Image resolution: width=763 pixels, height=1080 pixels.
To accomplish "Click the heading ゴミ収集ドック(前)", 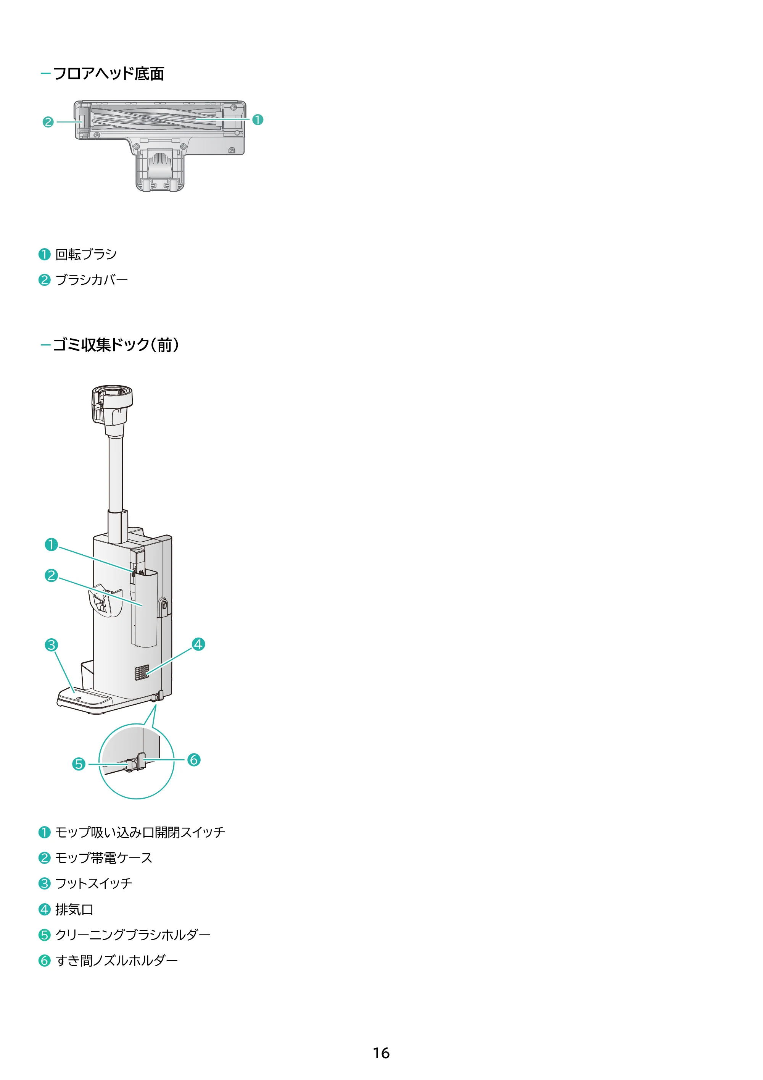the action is (x=116, y=345).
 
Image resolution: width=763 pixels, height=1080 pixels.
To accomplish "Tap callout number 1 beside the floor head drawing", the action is (x=258, y=120).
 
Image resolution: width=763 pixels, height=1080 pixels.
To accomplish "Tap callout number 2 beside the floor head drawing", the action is (x=48, y=122).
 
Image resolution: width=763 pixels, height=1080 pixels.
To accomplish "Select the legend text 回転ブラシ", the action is (x=86, y=255).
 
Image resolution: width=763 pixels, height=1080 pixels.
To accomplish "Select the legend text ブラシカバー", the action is (x=92, y=280).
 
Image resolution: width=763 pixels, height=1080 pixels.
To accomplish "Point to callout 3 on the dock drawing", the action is (x=51, y=644).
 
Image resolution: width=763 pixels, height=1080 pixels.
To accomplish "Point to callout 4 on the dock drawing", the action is (x=198, y=644).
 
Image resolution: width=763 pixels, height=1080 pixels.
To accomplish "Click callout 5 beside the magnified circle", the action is (x=79, y=764).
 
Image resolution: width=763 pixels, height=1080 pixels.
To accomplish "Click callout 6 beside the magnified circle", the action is (x=194, y=760).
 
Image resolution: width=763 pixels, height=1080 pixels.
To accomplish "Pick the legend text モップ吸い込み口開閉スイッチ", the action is (x=140, y=833).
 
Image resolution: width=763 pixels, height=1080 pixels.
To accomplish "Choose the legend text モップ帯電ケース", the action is (x=104, y=858).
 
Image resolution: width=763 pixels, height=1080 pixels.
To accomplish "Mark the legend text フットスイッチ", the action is (x=94, y=883).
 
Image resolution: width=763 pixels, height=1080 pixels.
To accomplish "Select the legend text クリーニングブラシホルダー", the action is (x=133, y=935).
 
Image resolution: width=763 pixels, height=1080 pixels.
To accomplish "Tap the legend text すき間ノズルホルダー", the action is (x=117, y=960).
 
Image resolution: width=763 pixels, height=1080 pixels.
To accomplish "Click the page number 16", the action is (x=381, y=1053).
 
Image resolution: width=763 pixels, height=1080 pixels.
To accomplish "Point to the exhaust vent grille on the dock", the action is (x=142, y=673).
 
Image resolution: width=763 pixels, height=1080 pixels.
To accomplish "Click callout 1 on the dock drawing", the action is (x=51, y=545).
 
